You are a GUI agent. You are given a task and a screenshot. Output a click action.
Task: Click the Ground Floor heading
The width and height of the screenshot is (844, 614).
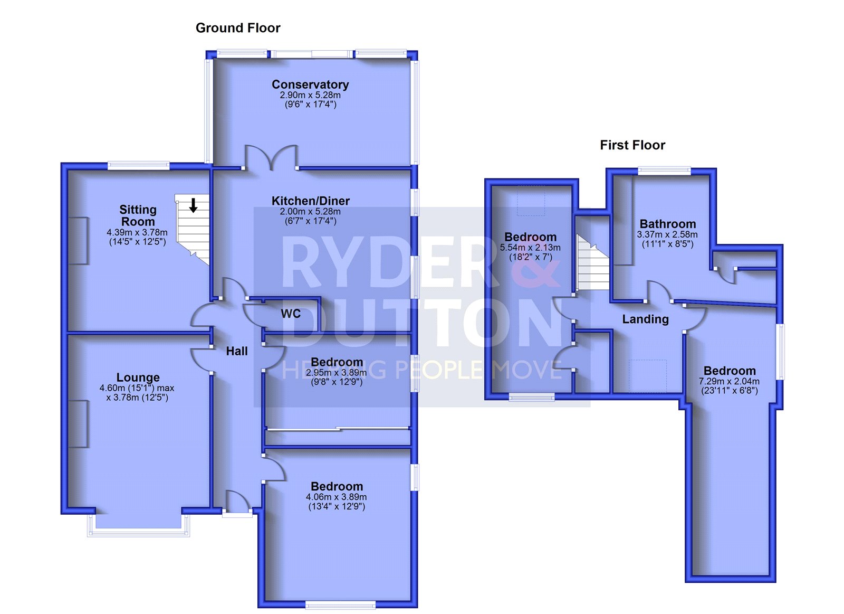pos(238,28)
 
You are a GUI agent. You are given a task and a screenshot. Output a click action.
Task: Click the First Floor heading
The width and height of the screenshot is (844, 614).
pos(632,145)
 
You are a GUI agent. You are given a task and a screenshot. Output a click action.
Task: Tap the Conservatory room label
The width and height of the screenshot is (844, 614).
pos(310,84)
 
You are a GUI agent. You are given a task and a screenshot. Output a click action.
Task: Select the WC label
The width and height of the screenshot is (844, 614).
pos(291,314)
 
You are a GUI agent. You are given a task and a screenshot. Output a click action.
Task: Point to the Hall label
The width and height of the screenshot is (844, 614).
pos(237,351)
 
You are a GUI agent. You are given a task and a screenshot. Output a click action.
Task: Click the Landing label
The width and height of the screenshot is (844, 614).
pos(645,319)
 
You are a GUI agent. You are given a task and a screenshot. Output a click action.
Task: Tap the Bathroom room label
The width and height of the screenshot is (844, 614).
pos(668,224)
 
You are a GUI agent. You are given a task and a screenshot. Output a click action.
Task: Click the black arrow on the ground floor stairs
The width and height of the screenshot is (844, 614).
pos(193,205)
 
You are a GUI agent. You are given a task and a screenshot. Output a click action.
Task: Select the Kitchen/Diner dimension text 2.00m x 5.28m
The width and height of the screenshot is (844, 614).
pos(310,212)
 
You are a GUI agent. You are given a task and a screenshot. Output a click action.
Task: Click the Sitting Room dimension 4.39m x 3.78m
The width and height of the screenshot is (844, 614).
pos(137,233)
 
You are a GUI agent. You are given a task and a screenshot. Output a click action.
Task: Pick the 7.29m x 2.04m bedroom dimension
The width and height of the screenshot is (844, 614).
pos(729,381)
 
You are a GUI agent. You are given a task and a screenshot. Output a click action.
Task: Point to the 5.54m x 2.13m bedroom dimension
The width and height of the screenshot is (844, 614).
pos(530,248)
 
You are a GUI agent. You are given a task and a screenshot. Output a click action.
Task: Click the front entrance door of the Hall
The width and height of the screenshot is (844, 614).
pos(237,504)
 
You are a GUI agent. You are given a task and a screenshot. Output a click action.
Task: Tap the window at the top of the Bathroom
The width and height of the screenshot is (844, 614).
pos(664,171)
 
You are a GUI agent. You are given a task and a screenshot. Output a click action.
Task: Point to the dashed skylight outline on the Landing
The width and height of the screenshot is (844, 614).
pos(648,376)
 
